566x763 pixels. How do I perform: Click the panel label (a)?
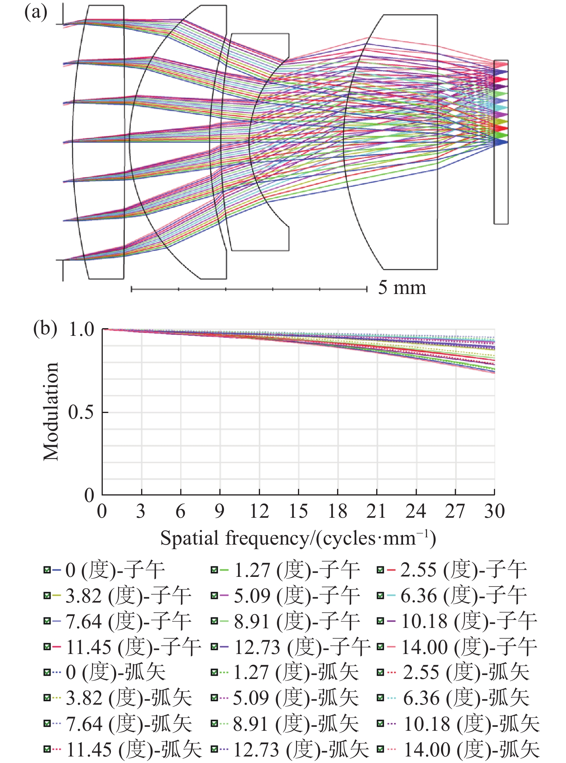tap(36, 13)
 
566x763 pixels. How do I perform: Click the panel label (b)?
tap(45, 329)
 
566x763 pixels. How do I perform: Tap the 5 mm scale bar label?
tap(402, 288)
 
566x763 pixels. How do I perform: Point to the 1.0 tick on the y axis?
tap(81, 329)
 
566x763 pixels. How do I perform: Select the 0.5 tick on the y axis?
tap(81, 412)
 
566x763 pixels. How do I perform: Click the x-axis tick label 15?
tap(298, 512)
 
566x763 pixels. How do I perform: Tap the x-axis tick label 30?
tap(494, 512)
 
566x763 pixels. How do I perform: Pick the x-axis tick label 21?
tap(376, 512)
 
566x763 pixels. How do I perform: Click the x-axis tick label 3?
tap(141, 512)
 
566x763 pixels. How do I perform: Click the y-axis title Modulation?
tap(51, 411)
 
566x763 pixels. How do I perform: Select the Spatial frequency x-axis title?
tap(298, 538)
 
